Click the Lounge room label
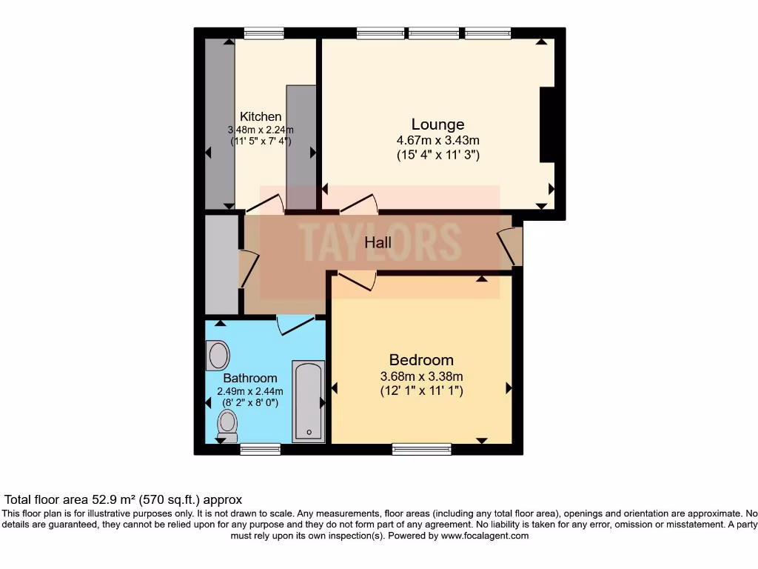coord(437,124)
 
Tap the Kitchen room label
coord(261,116)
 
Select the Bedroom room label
coord(421,360)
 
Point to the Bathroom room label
coord(250,378)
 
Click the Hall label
coord(378,242)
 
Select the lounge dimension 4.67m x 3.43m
coord(437,140)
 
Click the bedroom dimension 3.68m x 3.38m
coord(421,376)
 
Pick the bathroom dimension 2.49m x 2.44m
coord(250,391)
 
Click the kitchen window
coord(264,33)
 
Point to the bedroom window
coord(421,448)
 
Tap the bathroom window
coord(261,448)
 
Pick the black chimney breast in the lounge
coord(548,124)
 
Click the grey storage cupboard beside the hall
coord(221,264)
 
